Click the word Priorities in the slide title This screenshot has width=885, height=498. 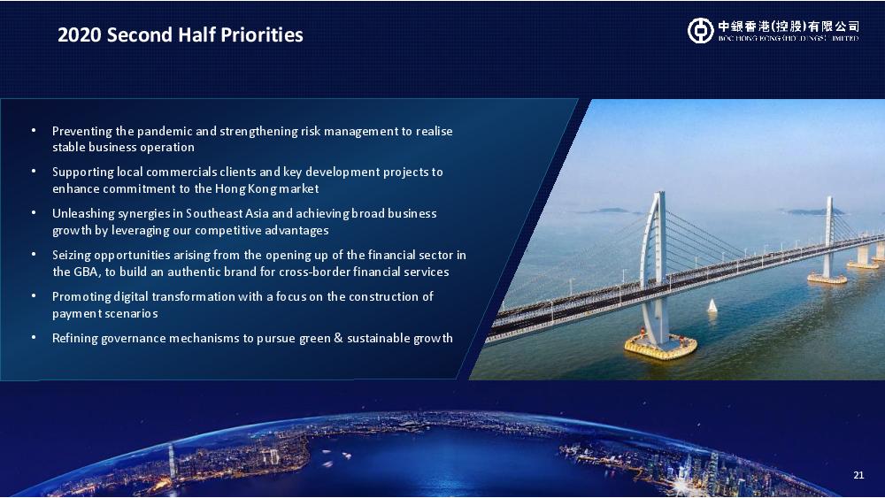tap(262, 35)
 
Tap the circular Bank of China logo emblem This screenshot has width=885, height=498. tap(700, 30)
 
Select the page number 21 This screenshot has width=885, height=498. tap(858, 475)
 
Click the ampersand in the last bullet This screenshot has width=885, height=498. tap(339, 339)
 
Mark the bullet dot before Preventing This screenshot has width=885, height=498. tap(34, 130)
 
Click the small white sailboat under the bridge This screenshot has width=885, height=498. tap(712, 306)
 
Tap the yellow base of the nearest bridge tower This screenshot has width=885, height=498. tap(660, 346)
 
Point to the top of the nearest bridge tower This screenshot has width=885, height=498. tap(658, 195)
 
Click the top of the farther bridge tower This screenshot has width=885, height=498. tap(829, 198)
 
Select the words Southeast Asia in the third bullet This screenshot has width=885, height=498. tap(227, 214)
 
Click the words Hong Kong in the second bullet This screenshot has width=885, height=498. tap(245, 189)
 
